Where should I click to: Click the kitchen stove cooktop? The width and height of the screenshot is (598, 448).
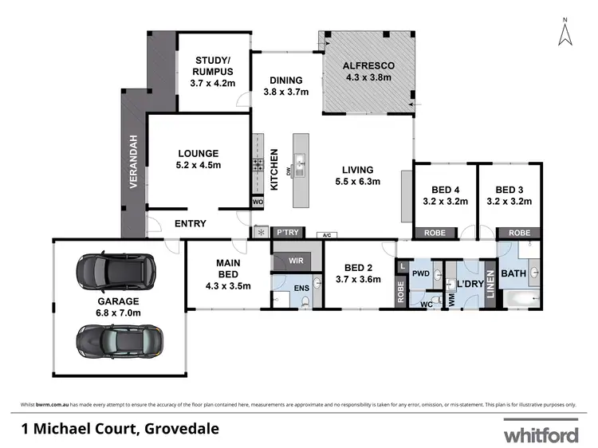(258, 167)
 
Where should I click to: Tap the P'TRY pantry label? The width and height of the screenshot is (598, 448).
(285, 233)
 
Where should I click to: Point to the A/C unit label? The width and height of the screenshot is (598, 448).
(326, 235)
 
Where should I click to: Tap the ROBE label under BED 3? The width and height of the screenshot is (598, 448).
(519, 233)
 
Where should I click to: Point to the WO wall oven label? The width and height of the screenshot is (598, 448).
(258, 202)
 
